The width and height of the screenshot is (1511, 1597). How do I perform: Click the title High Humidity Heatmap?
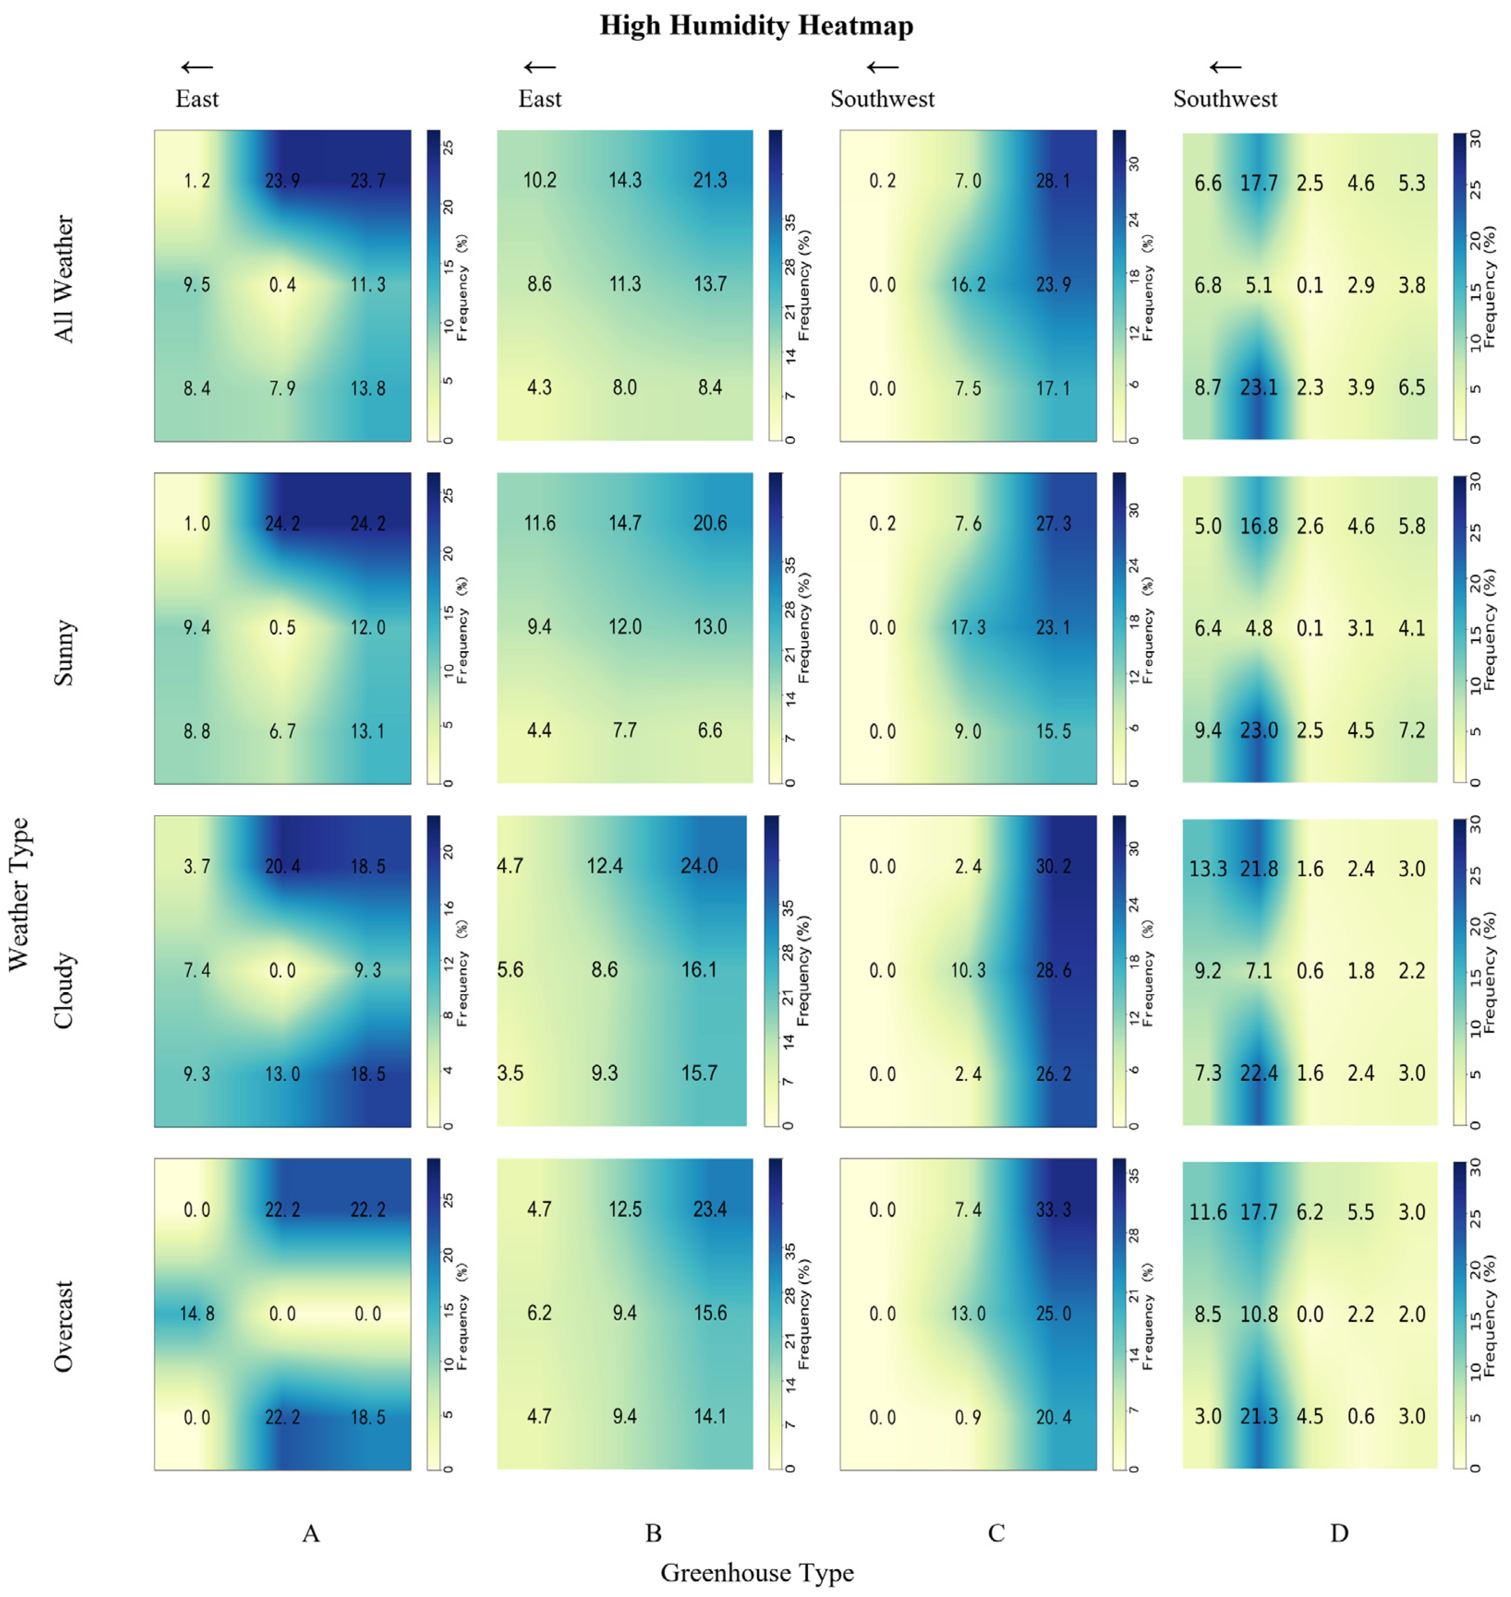(757, 25)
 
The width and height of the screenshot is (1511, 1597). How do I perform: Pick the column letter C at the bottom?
(996, 1533)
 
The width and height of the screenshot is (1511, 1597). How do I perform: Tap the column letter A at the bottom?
(311, 1533)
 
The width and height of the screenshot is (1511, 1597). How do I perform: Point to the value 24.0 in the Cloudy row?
(699, 866)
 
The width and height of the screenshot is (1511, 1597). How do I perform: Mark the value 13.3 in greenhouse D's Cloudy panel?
(1208, 868)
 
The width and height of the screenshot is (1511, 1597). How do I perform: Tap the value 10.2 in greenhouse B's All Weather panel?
(540, 180)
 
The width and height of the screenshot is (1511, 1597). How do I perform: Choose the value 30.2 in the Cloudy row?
(1053, 866)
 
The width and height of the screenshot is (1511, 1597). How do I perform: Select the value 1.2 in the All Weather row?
(197, 180)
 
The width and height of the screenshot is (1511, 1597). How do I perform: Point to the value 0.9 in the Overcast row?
(968, 1417)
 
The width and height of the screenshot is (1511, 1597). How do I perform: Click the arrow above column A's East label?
(197, 68)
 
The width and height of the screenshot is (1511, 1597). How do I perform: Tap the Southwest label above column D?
(1225, 99)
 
